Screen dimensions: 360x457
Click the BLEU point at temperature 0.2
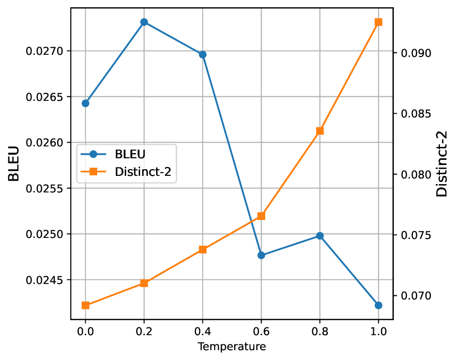[x=144, y=22]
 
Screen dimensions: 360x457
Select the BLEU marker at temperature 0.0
[x=85, y=103]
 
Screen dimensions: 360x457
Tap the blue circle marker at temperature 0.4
[x=203, y=55]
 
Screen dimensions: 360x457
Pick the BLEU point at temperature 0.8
[x=320, y=236]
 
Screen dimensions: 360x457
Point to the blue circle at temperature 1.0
[x=378, y=305]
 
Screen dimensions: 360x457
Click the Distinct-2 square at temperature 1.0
[x=378, y=22]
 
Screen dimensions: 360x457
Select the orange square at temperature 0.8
[x=320, y=131]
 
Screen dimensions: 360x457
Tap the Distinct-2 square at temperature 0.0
[x=85, y=305]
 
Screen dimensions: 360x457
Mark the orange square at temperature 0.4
[x=203, y=249]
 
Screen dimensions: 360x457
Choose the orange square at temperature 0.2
[x=144, y=283]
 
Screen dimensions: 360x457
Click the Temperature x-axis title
[x=232, y=347]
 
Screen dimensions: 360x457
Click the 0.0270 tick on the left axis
[x=47, y=51]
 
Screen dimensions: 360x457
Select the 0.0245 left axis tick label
[x=47, y=280]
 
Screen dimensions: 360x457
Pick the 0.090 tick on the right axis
[x=412, y=53]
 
